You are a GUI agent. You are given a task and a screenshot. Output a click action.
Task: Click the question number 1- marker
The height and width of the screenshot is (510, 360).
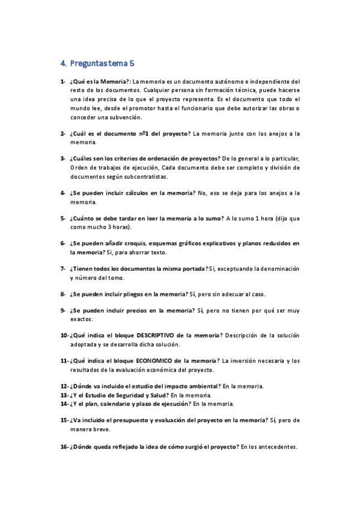pos(63,81)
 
